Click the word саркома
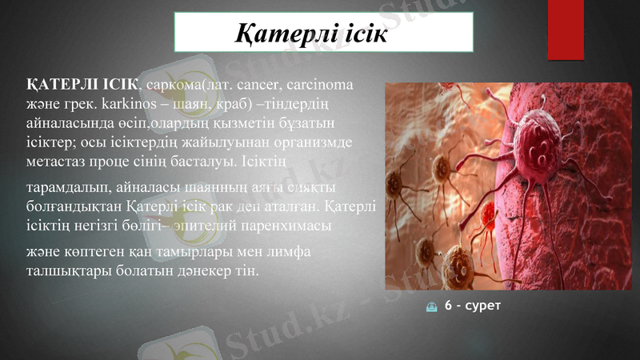(x=173, y=84)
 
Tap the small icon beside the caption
(x=432, y=307)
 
